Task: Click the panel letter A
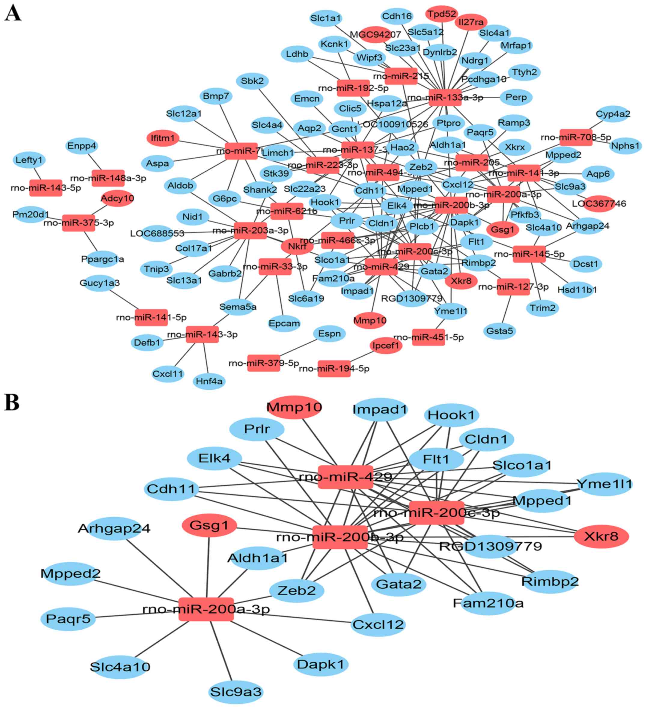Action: click(13, 14)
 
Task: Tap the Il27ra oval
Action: click(471, 22)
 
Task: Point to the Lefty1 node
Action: click(29, 160)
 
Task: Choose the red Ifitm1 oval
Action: click(163, 138)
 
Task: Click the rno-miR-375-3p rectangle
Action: click(78, 223)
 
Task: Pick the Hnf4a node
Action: click(209, 381)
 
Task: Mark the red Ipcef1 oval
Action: click(386, 345)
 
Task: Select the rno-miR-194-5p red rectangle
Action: click(334, 368)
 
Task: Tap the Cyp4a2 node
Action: click(613, 114)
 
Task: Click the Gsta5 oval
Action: click(499, 331)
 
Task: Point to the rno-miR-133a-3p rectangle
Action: click(445, 97)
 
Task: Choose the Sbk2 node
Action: click(252, 81)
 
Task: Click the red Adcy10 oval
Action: click(117, 199)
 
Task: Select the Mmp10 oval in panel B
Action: click(294, 407)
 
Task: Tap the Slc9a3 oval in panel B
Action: click(236, 691)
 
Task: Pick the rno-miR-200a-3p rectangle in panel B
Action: click(206, 609)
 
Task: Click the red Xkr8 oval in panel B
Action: click(601, 536)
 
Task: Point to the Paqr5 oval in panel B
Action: click(68, 618)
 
